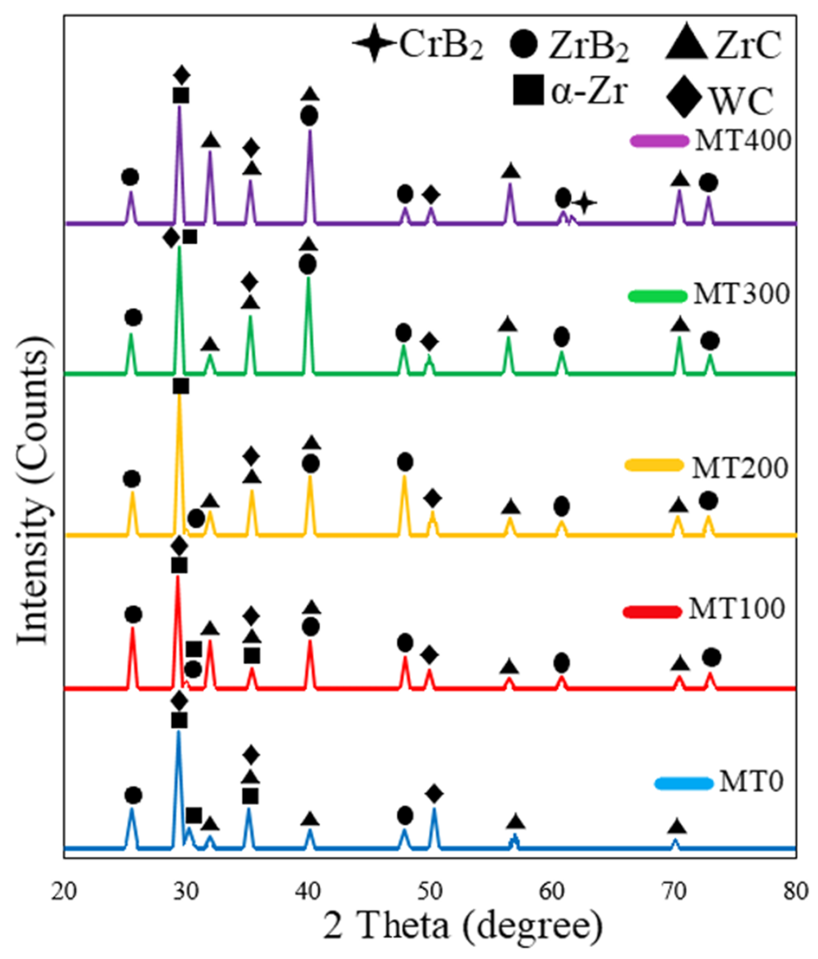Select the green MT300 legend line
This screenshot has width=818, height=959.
(657, 295)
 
